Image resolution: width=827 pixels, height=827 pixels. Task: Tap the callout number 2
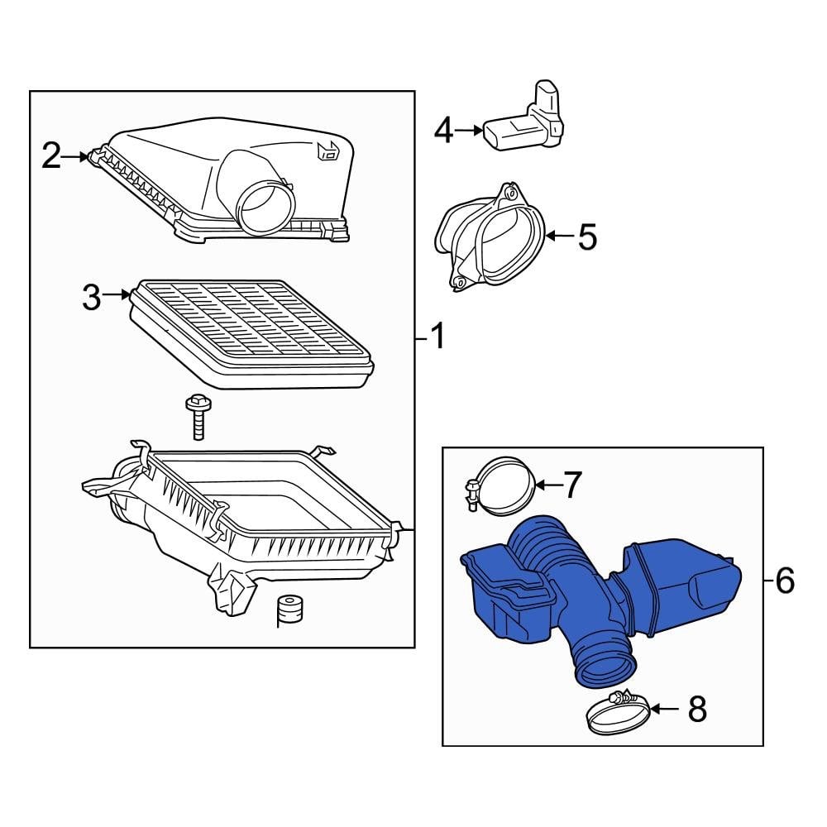tap(51, 155)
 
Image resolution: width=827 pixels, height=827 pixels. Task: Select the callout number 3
tap(91, 297)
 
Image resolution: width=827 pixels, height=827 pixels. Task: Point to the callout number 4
tap(443, 130)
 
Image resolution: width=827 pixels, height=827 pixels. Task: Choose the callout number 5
tap(586, 237)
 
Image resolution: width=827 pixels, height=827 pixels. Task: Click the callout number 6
tap(785, 581)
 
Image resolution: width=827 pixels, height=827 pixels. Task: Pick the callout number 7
tap(573, 485)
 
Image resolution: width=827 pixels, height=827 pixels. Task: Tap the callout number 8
tap(697, 709)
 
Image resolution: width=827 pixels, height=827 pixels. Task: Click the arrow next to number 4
tap(468, 130)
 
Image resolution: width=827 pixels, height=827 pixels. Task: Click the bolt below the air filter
tap(197, 418)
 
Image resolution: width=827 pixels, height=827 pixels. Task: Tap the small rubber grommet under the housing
tap(289, 610)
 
